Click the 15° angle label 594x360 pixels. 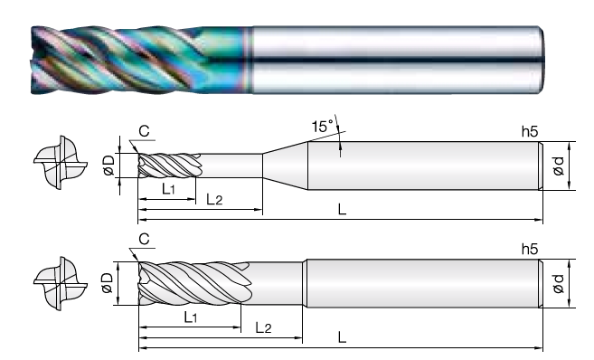pyautogui.click(x=323, y=126)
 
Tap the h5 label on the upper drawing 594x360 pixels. pyautogui.click(x=530, y=131)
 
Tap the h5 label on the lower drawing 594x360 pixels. pyautogui.click(x=530, y=249)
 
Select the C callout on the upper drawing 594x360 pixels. pyautogui.click(x=144, y=131)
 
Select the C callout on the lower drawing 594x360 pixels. pyautogui.click(x=144, y=240)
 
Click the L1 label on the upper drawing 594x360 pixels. pyautogui.click(x=168, y=189)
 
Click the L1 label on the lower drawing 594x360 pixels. pyautogui.click(x=191, y=317)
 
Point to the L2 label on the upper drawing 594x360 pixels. pyautogui.click(x=214, y=199)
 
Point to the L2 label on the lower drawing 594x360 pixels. pyautogui.click(x=264, y=327)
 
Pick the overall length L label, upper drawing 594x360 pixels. pyautogui.click(x=342, y=209)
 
